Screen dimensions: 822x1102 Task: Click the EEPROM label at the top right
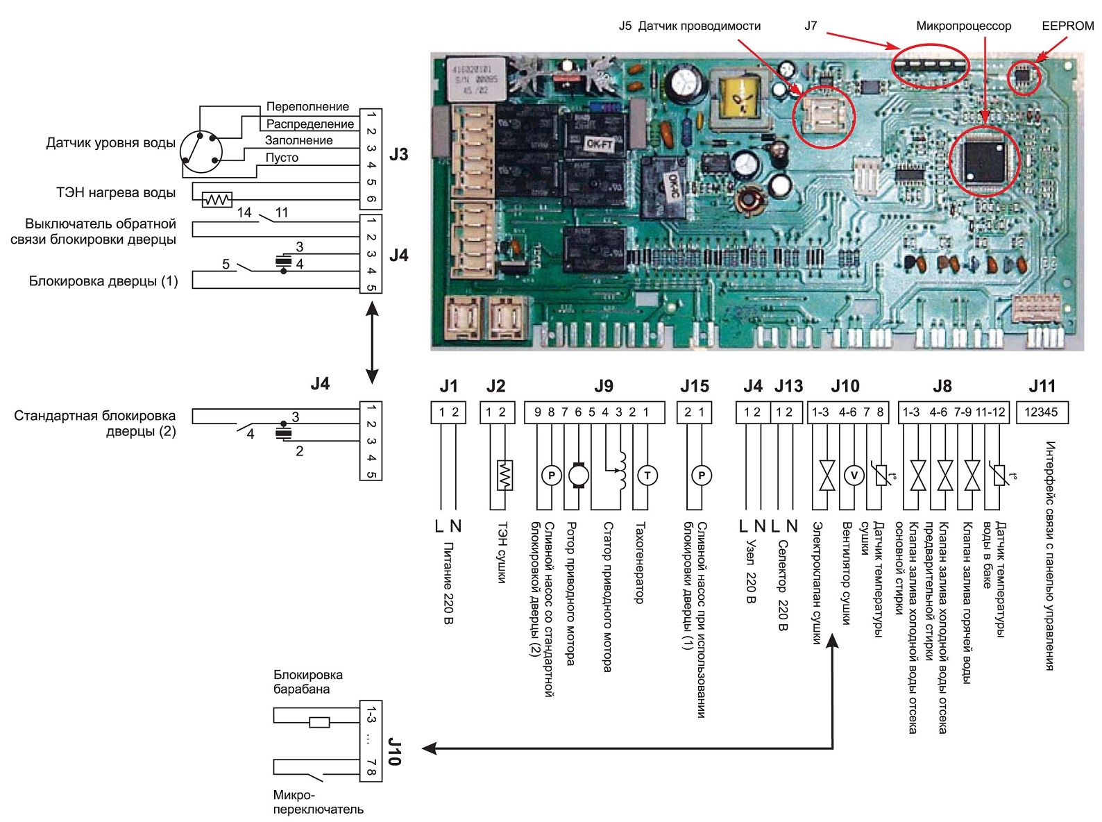(x=1067, y=26)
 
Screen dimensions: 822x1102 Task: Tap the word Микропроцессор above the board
(x=963, y=26)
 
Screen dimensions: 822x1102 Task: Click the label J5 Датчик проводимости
(x=689, y=26)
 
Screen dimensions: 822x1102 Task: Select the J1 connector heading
(x=449, y=386)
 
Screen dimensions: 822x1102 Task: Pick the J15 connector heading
(x=695, y=386)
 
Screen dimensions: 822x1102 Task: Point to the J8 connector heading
(x=942, y=386)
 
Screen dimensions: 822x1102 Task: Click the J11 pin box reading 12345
(x=1041, y=412)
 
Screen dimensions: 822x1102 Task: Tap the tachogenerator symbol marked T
(x=647, y=476)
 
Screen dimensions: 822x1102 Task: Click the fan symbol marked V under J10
(x=854, y=476)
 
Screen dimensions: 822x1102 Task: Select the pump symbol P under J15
(x=702, y=476)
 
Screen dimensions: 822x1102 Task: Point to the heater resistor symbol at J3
(x=217, y=200)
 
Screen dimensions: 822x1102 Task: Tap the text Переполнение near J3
(x=307, y=107)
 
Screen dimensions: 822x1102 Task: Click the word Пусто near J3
(x=282, y=158)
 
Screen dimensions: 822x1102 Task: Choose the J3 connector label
(x=398, y=154)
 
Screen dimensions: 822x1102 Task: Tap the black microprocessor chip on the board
(x=983, y=159)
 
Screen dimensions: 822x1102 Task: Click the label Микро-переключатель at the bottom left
(x=318, y=802)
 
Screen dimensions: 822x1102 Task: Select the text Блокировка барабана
(x=307, y=682)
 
